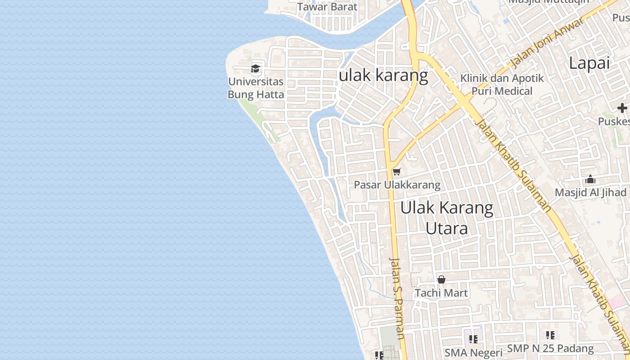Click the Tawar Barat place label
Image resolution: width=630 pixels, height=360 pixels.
327,7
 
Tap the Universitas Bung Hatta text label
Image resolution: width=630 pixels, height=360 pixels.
256,88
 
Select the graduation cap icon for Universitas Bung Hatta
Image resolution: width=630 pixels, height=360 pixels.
256,69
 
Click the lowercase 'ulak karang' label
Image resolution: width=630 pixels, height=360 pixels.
383,76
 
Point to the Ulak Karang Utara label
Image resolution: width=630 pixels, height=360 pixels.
447,218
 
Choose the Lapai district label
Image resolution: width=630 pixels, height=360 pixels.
589,63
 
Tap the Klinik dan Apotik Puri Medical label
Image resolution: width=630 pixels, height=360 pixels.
502,85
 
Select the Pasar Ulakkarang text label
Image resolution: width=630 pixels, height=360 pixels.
397,185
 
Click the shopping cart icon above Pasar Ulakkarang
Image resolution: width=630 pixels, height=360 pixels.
396,172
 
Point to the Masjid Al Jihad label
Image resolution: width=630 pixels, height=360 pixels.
590,193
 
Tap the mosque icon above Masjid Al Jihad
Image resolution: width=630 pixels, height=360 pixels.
590,180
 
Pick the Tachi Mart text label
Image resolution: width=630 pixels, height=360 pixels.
441,293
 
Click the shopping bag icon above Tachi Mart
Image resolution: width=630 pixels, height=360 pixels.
441,279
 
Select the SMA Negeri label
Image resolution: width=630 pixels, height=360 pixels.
473,352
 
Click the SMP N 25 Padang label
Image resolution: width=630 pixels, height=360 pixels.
550,348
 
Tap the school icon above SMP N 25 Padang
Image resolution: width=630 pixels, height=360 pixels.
550,335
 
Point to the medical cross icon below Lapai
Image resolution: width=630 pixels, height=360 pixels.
622,108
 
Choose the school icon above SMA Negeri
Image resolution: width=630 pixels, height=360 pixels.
473,339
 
